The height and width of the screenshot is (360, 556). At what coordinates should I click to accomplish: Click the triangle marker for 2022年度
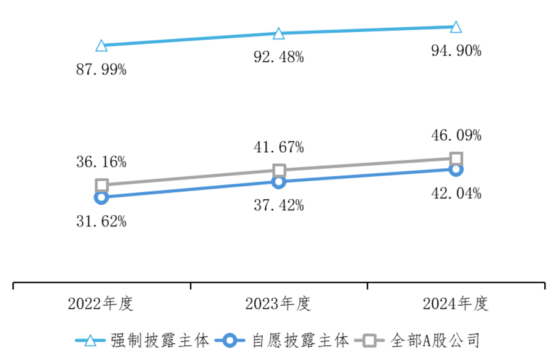click(x=101, y=45)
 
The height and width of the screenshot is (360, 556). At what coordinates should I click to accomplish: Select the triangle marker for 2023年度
click(x=279, y=33)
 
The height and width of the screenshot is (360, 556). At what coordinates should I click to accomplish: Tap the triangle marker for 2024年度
click(x=456, y=27)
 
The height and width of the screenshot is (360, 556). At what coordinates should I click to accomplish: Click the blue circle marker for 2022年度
click(x=101, y=197)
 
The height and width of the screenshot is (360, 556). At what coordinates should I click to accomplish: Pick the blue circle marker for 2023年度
click(x=279, y=182)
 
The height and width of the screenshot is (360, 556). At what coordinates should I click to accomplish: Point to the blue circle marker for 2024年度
click(x=456, y=169)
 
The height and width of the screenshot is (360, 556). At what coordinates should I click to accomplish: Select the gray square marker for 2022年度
click(x=101, y=185)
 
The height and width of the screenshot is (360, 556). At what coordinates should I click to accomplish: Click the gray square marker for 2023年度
click(x=279, y=170)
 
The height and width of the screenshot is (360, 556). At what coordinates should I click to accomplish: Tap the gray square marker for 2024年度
click(x=456, y=158)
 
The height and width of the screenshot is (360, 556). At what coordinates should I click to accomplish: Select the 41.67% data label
click(x=279, y=147)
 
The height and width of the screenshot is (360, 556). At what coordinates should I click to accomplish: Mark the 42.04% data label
click(x=456, y=194)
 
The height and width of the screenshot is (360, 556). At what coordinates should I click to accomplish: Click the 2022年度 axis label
click(x=101, y=304)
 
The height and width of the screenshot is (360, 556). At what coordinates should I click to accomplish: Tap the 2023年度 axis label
click(x=278, y=304)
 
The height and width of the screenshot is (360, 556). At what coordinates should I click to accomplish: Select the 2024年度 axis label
click(x=456, y=304)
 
